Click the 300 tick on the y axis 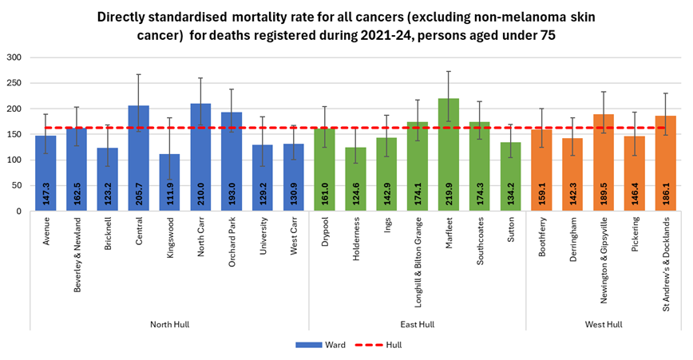[15, 57]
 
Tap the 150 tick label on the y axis [15, 134]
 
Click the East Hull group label [417, 323]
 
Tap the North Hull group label [170, 323]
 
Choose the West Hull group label [603, 323]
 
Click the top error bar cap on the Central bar [139, 74]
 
